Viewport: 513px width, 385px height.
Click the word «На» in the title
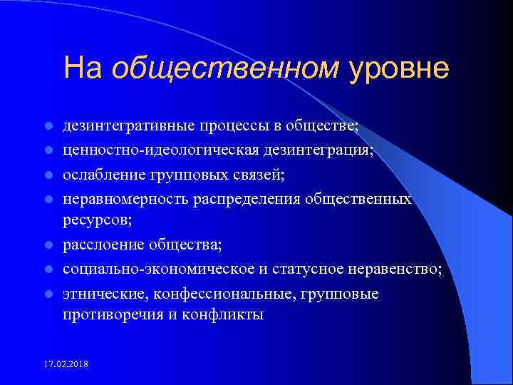[x=83, y=68]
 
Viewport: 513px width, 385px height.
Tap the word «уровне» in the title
[x=399, y=68]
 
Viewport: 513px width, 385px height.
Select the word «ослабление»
[x=99, y=174]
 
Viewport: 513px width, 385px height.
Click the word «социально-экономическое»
[x=147, y=269]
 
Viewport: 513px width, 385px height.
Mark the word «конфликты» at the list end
[x=226, y=314]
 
